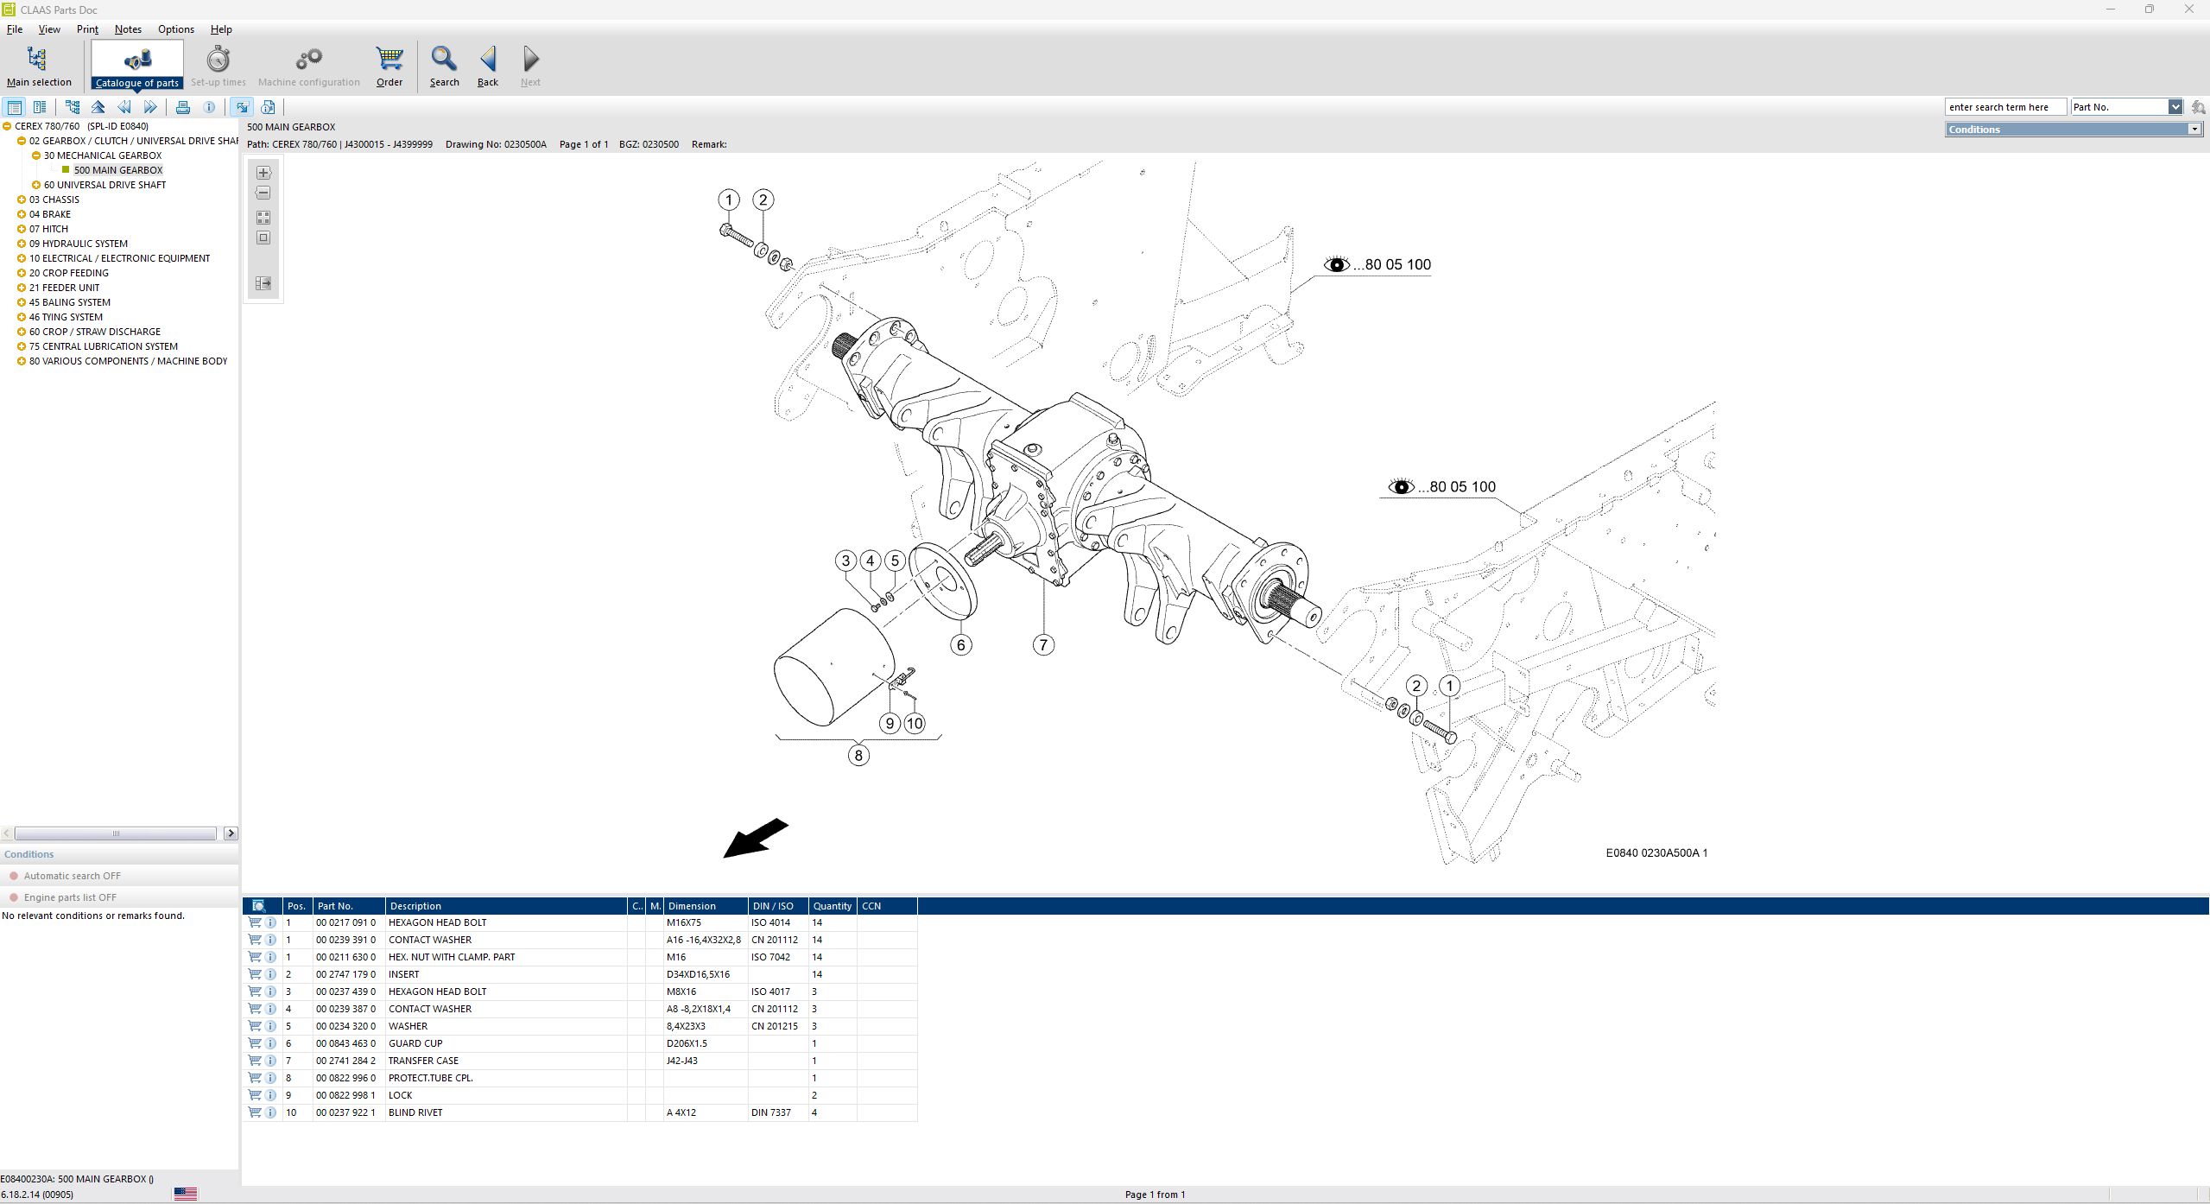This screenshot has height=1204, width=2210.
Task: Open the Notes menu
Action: [x=128, y=29]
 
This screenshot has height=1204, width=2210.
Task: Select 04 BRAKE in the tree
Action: [x=50, y=214]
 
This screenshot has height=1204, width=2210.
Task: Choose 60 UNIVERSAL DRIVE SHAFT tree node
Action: [x=104, y=185]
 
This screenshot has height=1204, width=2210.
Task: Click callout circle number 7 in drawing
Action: [x=1043, y=644]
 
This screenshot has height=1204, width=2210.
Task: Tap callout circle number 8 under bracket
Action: [x=858, y=756]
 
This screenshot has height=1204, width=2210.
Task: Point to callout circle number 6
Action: [x=960, y=644]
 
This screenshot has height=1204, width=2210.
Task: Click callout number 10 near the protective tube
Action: [x=915, y=724]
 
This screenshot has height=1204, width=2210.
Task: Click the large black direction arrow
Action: [x=755, y=839]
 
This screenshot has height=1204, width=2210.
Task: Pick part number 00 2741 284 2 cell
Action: [x=345, y=1061]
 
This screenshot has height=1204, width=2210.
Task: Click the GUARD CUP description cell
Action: [x=415, y=1043]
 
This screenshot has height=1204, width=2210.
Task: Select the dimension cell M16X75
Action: [x=684, y=922]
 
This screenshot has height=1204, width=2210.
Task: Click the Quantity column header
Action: [x=832, y=906]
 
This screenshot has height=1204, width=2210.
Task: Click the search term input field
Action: [x=2004, y=107]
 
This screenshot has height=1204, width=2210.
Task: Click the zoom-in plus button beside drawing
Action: [x=263, y=173]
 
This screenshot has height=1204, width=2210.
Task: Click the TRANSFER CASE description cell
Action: [x=423, y=1061]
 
